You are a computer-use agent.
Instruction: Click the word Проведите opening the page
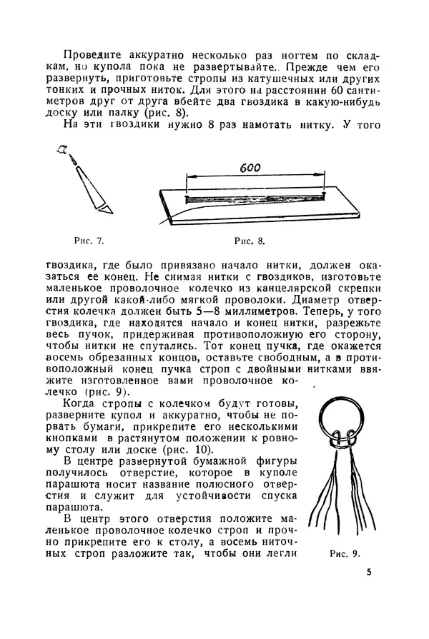point(90,56)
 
